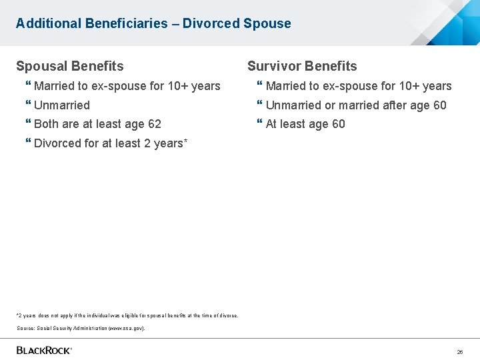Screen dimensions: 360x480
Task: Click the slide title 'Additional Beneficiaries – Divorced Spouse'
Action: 153,23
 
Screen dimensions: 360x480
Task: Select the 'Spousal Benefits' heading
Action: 70,66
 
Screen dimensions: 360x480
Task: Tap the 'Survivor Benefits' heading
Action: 302,66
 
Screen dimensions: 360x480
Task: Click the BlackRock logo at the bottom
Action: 44,350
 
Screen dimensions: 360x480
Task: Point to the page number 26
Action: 459,351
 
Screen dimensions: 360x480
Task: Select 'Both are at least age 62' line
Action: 97,124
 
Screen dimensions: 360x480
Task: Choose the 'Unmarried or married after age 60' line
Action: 356,105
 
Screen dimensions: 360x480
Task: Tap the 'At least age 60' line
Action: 305,124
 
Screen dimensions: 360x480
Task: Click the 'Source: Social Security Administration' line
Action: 81,328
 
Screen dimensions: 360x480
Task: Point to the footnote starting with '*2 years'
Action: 127,315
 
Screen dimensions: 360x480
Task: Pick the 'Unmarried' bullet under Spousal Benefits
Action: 62,105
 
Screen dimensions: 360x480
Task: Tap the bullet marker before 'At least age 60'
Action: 260,124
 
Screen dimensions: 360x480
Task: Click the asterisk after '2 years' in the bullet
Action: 185,141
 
